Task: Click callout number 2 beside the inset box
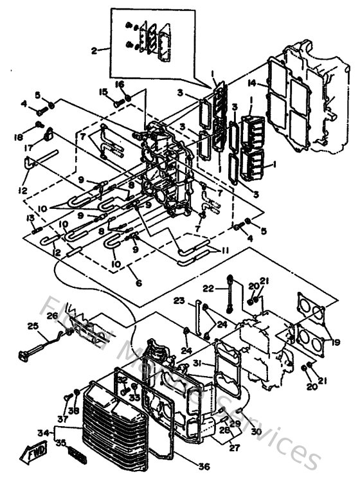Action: click(95, 49)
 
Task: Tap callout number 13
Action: click(30, 219)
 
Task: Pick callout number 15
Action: click(103, 93)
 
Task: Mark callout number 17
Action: click(30, 147)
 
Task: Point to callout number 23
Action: click(179, 300)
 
